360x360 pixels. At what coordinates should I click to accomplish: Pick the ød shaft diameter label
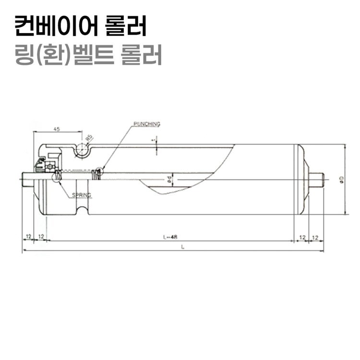[169, 180]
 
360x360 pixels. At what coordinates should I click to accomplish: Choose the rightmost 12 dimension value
[316, 237]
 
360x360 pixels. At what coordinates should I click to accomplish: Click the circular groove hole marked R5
[81, 150]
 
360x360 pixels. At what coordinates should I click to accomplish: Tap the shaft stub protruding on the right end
[317, 180]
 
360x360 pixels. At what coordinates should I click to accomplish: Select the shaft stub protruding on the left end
[28, 180]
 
